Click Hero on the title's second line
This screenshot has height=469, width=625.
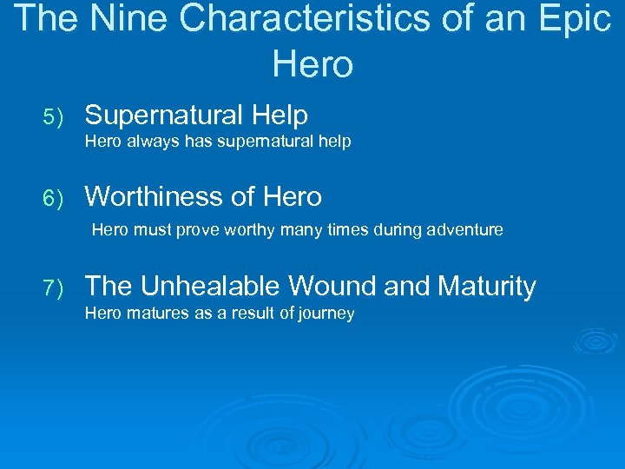[312, 63]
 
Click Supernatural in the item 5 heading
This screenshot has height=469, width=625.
[164, 115]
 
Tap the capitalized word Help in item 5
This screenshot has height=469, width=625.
[280, 115]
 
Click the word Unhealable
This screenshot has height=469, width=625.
[211, 286]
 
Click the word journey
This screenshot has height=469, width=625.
[326, 314]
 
